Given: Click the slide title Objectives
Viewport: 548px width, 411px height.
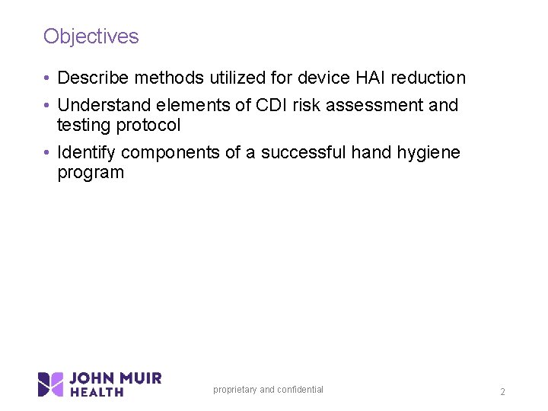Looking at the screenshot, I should (x=91, y=37).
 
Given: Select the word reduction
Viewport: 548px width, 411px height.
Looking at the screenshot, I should (x=429, y=78).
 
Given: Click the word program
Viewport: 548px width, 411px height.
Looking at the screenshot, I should (x=91, y=173).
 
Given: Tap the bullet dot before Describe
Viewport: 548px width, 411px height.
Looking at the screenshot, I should (x=47, y=78).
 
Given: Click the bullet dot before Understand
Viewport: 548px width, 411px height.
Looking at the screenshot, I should (x=47, y=106).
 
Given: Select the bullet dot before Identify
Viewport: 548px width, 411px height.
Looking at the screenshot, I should (x=47, y=153).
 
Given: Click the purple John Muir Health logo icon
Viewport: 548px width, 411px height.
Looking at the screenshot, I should (x=51, y=384).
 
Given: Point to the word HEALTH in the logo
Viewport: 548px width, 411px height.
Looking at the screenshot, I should (x=97, y=392).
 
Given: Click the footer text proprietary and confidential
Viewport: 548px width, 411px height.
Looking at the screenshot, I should (x=268, y=390).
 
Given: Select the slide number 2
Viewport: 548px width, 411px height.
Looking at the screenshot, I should (x=502, y=392).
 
